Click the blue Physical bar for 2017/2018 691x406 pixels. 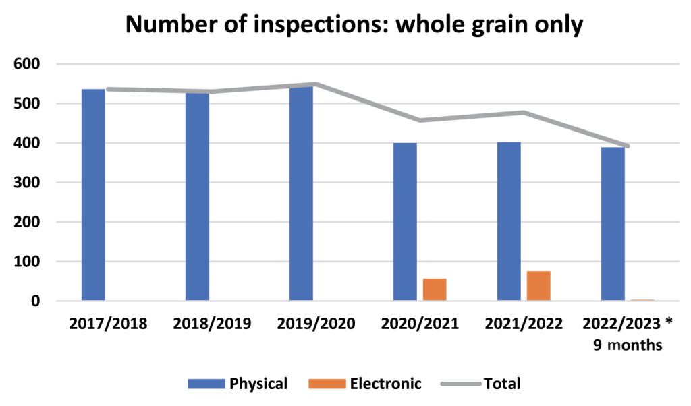pos(93,196)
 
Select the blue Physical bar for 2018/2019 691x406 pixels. pos(197,197)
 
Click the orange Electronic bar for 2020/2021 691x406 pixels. pos(435,289)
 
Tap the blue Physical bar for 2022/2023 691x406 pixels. pos(613,224)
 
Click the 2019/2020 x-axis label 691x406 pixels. pos(316,324)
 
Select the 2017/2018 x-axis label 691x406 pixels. pos(109,324)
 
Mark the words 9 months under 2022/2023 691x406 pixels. pos(628,346)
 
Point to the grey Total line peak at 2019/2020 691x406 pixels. pos(315,84)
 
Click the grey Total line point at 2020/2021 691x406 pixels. pos(419,121)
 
